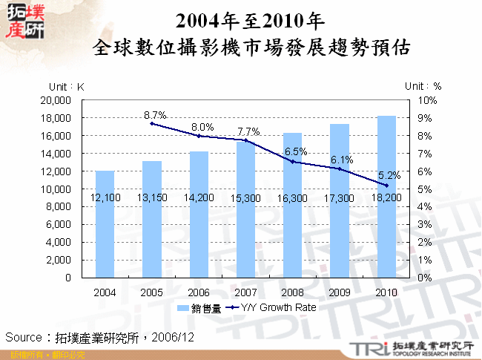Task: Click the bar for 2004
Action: click(105, 223)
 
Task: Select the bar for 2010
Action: click(386, 197)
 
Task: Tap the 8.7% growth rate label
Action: click(155, 114)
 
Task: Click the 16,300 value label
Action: click(292, 199)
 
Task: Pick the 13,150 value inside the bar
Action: click(151, 199)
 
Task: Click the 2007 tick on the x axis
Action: click(245, 292)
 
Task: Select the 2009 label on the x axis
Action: click(339, 292)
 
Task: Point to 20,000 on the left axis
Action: click(56, 100)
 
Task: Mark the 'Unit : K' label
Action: click(67, 86)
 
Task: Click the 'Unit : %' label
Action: click(423, 86)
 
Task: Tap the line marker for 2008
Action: click(292, 162)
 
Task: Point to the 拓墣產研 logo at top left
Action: click(24, 20)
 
